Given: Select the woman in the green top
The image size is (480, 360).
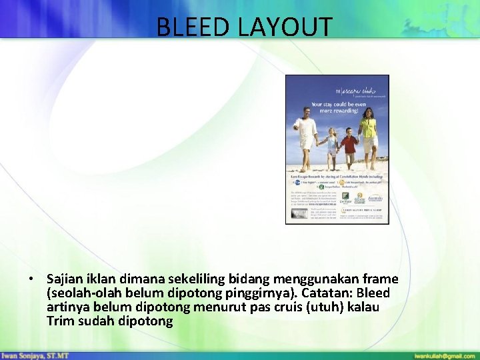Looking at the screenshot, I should tap(367, 137).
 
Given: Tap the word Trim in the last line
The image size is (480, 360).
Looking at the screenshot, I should tap(59, 321).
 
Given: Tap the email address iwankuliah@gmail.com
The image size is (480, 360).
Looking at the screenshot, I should tap(445, 355).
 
